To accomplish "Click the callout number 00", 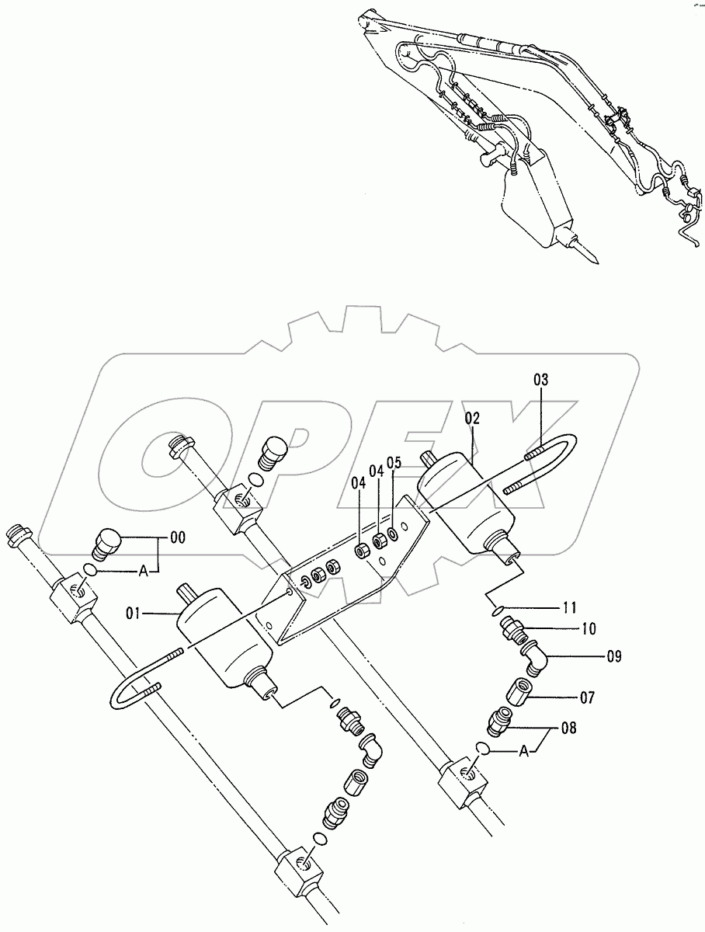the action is tap(178, 537).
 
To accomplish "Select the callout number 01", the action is tap(133, 614).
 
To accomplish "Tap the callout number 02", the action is tap(471, 418).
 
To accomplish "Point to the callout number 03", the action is tap(541, 380).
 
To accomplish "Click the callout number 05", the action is tap(394, 463).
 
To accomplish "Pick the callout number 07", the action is tap(587, 697).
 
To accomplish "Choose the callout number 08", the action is tap(569, 728).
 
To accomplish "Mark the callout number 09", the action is tap(613, 656).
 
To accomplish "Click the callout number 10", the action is tap(589, 628).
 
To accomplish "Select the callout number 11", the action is tap(569, 607).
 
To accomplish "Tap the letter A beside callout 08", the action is tap(524, 752).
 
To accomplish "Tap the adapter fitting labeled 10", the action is tap(514, 630).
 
